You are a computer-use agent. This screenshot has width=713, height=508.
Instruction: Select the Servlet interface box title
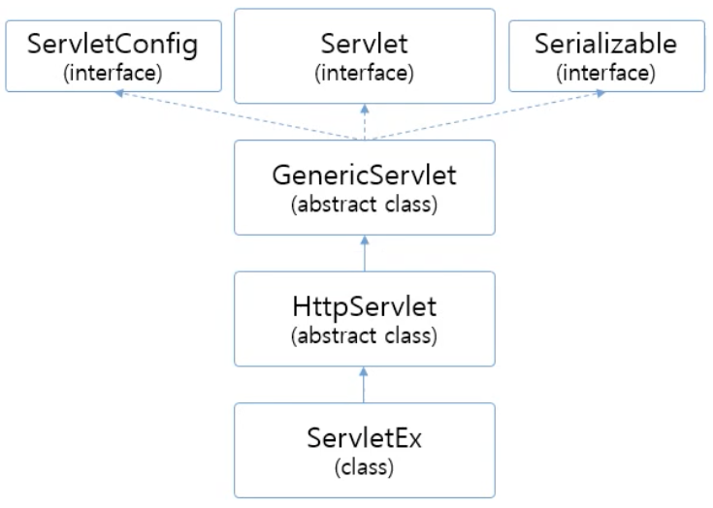click(x=364, y=45)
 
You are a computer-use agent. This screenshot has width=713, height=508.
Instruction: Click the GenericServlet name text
click(x=364, y=178)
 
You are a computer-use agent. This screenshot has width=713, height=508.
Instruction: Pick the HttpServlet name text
click(x=364, y=311)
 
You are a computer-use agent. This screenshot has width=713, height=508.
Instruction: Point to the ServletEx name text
click(x=364, y=443)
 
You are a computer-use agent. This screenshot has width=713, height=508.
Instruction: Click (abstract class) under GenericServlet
click(x=364, y=205)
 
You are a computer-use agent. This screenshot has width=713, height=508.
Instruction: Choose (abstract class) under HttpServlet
click(x=364, y=337)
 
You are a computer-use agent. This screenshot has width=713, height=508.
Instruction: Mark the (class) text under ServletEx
click(x=364, y=469)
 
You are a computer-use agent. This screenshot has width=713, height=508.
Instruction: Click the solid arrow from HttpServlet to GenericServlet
click(x=365, y=254)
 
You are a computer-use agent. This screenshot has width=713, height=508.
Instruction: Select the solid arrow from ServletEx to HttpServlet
click(x=365, y=386)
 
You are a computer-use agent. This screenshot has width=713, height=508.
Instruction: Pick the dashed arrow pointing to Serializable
click(x=485, y=116)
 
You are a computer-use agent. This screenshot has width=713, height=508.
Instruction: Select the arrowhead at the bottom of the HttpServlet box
click(x=365, y=370)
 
